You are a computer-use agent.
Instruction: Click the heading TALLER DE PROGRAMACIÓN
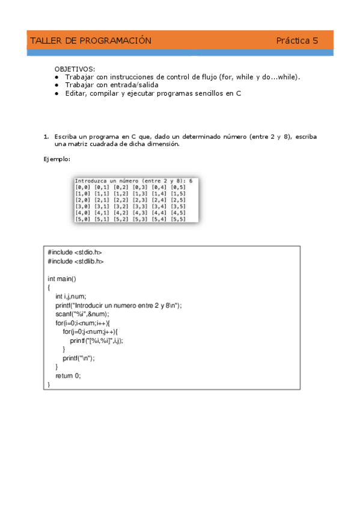coord(90,41)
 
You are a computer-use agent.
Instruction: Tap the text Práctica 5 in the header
coord(297,41)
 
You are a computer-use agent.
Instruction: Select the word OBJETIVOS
coord(75,70)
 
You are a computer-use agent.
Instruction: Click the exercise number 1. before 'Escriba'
coord(46,137)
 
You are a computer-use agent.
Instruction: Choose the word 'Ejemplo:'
coord(57,159)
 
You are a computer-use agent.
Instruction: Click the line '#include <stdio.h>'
coord(71,253)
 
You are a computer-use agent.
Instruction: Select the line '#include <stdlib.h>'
coord(76,262)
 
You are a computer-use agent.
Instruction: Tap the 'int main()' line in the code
coord(62,279)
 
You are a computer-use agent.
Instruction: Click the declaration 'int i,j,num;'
coord(71,296)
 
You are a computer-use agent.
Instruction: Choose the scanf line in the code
coord(82,314)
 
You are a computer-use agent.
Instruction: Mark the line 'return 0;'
coord(68,376)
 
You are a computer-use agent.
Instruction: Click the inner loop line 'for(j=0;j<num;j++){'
coord(90,331)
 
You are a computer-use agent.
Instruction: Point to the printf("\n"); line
coord(79,358)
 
